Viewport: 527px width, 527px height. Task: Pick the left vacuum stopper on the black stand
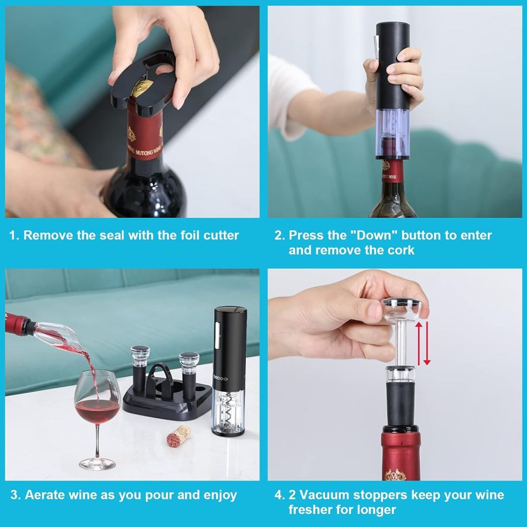point(141,369)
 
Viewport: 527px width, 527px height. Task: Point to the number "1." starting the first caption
point(15,235)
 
